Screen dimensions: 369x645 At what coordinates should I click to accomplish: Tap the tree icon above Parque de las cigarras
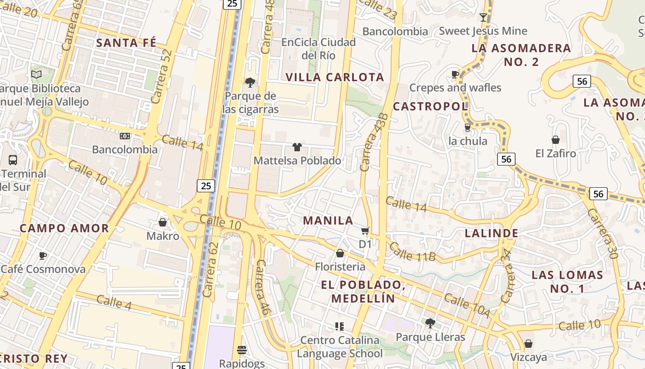tap(250, 83)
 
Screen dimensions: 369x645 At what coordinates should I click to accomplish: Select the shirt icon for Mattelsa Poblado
tap(297, 147)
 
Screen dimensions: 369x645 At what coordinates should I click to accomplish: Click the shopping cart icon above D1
tap(365, 230)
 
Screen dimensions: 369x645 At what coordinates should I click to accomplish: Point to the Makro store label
tap(163, 236)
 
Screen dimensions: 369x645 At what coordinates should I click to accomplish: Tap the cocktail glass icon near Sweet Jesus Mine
tap(483, 18)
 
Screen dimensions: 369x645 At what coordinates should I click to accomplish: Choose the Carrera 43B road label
tap(372, 142)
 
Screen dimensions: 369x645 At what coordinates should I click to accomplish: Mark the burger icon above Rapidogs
tap(242, 350)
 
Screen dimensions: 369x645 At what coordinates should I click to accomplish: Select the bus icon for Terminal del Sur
tap(13, 160)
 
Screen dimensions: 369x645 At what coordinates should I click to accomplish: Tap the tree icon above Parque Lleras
tap(430, 323)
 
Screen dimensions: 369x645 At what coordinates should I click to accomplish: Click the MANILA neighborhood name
tap(328, 220)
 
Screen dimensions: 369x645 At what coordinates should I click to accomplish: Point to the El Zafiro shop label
tap(556, 153)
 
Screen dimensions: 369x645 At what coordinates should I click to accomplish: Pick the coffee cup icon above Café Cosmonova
tap(43, 256)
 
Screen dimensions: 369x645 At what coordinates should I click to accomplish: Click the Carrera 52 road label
tap(161, 76)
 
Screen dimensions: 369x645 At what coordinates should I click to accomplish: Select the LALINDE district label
tap(492, 233)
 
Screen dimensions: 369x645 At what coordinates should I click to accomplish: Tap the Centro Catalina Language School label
tap(340, 347)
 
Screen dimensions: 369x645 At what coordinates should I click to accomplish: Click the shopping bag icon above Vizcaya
tap(528, 344)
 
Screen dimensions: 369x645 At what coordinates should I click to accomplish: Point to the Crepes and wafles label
tap(455, 88)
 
